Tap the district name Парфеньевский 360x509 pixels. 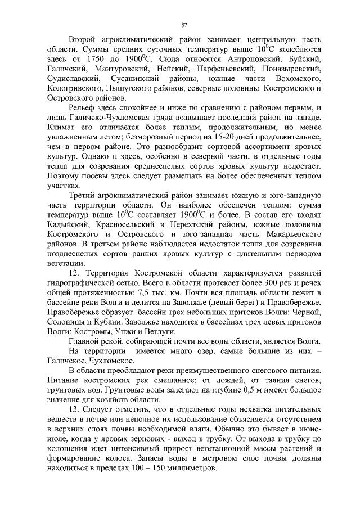209,69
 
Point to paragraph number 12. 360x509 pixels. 74,272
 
